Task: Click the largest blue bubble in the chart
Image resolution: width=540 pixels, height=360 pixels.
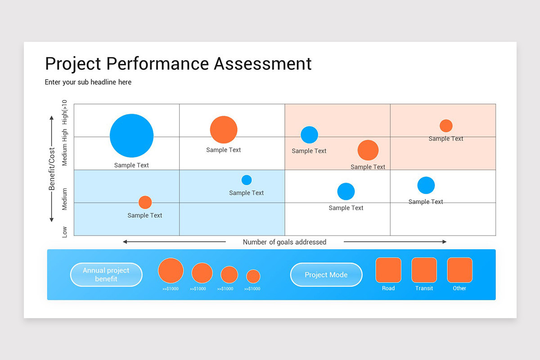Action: click(x=131, y=135)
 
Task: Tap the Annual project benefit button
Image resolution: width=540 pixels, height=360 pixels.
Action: click(x=106, y=274)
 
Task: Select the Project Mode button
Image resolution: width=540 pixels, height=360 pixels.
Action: click(x=326, y=274)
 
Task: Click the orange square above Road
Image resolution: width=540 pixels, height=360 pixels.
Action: click(x=388, y=270)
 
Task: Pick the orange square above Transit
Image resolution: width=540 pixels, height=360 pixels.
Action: click(x=424, y=270)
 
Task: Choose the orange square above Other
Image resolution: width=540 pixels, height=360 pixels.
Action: click(x=459, y=270)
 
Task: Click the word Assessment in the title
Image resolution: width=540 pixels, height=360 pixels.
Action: click(x=263, y=63)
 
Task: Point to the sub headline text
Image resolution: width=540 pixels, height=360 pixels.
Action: click(x=88, y=82)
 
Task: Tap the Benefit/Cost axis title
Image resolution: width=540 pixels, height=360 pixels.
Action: click(x=52, y=169)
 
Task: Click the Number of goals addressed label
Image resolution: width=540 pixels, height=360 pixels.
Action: click(x=284, y=242)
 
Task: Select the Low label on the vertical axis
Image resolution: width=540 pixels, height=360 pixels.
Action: click(x=65, y=232)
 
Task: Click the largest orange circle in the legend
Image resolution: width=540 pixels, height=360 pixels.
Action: click(x=171, y=271)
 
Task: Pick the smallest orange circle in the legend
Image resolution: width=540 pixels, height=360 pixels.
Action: click(x=253, y=276)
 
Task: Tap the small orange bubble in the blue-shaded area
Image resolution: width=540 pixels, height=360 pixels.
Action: click(x=145, y=202)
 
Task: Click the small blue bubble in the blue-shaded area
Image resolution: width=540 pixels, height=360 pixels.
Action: click(x=247, y=180)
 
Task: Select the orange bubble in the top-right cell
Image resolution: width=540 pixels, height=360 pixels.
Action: click(x=446, y=126)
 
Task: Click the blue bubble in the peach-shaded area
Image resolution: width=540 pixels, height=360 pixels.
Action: click(x=309, y=135)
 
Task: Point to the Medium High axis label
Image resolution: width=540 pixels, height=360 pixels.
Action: click(x=65, y=148)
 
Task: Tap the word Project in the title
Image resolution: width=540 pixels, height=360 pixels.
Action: click(x=73, y=63)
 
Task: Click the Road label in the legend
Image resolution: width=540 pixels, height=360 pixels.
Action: click(x=388, y=288)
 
